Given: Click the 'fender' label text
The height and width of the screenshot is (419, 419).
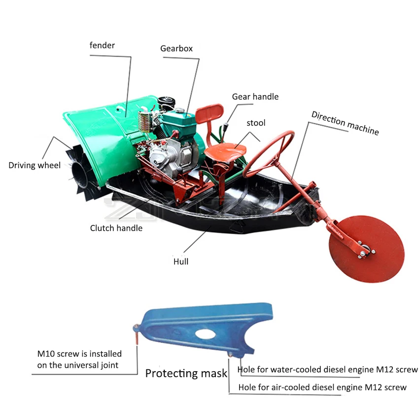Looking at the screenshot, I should coord(102,45).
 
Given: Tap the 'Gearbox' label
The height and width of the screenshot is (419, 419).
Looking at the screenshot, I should coord(176,49).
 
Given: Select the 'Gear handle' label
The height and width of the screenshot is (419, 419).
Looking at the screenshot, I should coord(255,97).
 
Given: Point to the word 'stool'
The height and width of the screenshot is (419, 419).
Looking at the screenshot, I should coord(256,123).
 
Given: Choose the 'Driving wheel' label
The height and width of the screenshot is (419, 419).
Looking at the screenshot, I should coord(35,165).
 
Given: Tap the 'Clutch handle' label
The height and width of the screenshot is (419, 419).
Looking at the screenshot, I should coord(116,228).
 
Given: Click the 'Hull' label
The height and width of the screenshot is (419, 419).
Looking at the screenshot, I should coord(180,262).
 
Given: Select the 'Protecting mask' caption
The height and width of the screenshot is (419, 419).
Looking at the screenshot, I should coord(186,373).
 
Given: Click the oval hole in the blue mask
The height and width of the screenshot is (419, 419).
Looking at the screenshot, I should coord(205,333).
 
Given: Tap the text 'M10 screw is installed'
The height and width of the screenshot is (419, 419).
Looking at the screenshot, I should coord(79,353).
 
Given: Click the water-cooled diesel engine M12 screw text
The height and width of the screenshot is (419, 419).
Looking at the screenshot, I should coord(327,370).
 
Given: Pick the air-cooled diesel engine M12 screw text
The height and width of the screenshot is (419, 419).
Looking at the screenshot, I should coord(322,387).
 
